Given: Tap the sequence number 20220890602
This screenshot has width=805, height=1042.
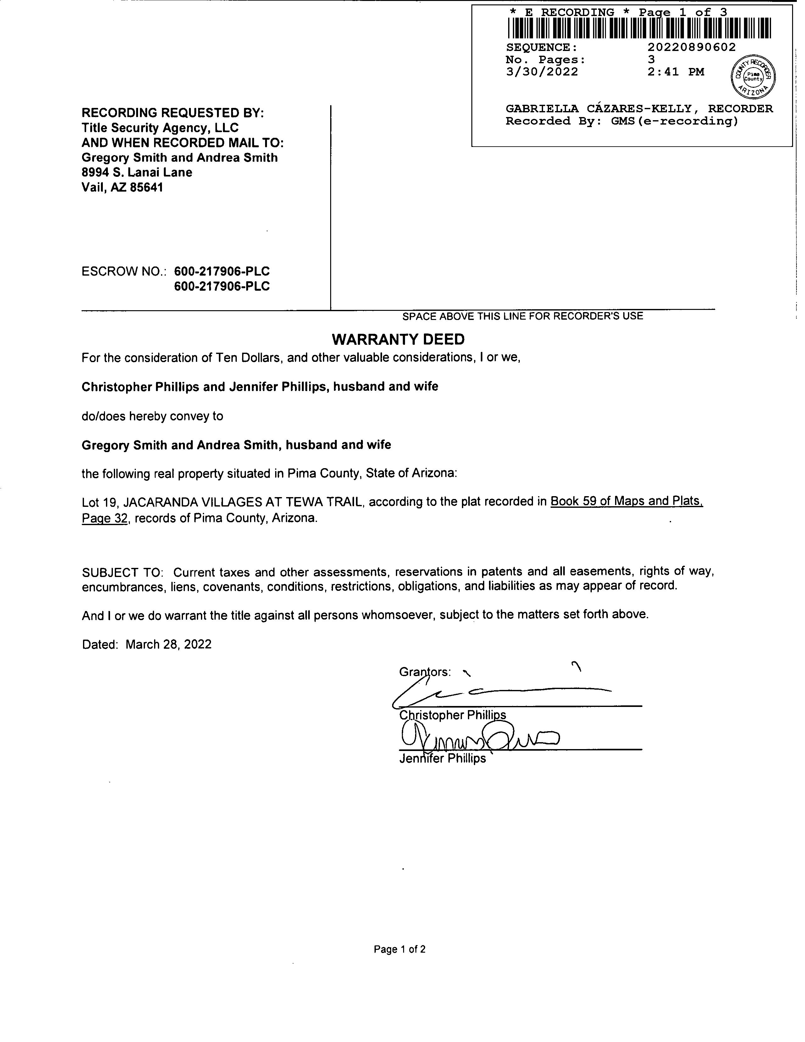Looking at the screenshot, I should [691, 47].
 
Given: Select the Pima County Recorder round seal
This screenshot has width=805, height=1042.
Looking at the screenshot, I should [753, 76].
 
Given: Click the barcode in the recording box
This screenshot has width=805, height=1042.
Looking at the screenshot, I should [639, 28].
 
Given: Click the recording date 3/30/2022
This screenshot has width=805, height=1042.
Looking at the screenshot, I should [542, 72].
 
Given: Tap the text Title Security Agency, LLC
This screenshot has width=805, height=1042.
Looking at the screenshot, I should [160, 128].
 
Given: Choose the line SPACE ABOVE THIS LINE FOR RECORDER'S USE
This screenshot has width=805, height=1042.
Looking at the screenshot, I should [523, 316].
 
